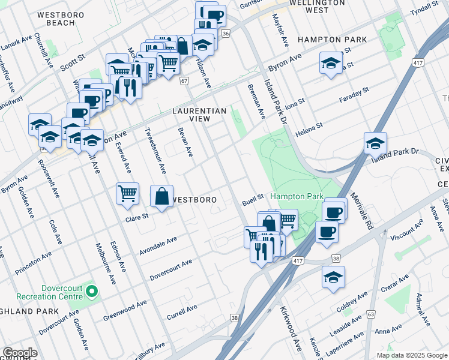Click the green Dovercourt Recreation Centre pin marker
[x=91, y=292]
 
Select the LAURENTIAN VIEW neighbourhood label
[x=200, y=115]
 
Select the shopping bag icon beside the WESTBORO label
[x=161, y=196]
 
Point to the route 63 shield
[x=372, y=314]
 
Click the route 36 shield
[x=225, y=34]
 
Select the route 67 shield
[x=184, y=80]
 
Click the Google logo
[x=20, y=353]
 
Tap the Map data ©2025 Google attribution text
[x=411, y=355]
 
